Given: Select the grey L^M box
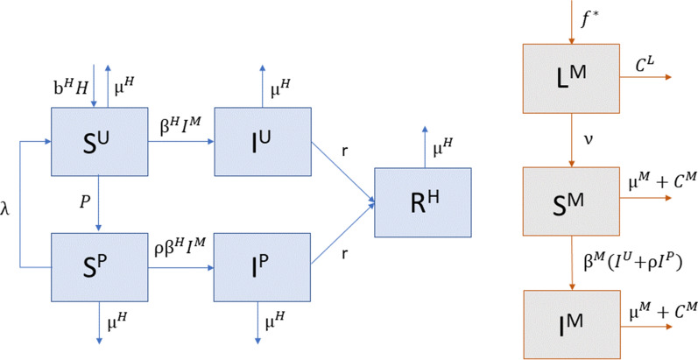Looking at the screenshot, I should (573, 77).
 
